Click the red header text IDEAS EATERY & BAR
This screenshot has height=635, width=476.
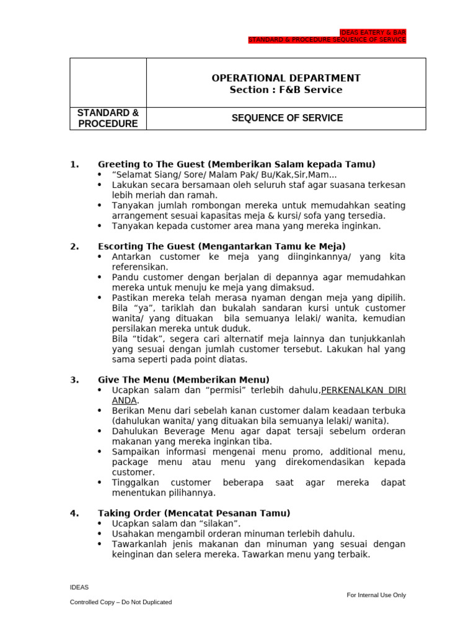pyautogui.click(x=373, y=32)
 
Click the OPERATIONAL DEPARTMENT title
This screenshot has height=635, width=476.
pyautogui.click(x=286, y=78)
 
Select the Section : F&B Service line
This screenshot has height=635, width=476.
pyautogui.click(x=286, y=90)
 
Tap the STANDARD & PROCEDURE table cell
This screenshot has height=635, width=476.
pyautogui.click(x=108, y=118)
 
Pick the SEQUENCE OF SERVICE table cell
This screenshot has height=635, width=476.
pyautogui.click(x=286, y=118)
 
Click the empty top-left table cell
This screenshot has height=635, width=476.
pyautogui.click(x=108, y=82)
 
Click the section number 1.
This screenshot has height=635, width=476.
pyautogui.click(x=74, y=164)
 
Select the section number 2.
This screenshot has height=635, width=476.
pyautogui.click(x=74, y=246)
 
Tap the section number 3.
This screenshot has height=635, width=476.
pyautogui.click(x=74, y=380)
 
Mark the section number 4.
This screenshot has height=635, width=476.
pyautogui.click(x=74, y=513)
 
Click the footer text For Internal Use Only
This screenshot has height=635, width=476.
pyautogui.click(x=376, y=595)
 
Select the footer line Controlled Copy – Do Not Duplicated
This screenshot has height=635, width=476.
pyautogui.click(x=121, y=602)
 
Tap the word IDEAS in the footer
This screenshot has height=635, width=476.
pyautogui.click(x=79, y=587)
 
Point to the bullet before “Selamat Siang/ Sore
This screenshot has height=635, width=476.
pyautogui.click(x=100, y=175)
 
